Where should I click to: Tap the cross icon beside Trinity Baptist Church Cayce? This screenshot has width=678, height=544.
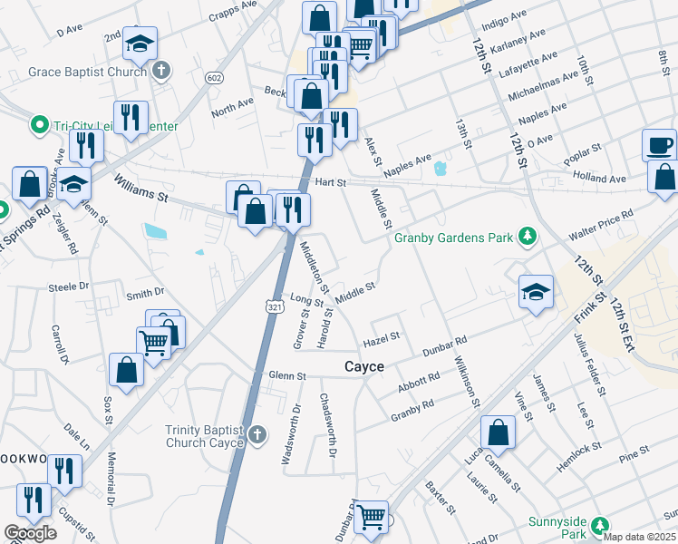(x=257, y=434)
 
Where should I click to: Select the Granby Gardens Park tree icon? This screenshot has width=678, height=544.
(x=525, y=238)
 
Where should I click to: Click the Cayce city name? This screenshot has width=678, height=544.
(x=364, y=366)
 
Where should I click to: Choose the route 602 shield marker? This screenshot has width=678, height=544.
(x=214, y=78)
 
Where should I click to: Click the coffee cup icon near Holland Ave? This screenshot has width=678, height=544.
(x=659, y=145)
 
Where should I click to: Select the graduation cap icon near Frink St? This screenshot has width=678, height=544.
(x=536, y=292)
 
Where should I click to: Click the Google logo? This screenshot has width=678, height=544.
(x=30, y=533)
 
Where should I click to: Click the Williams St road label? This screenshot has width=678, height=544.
(x=141, y=189)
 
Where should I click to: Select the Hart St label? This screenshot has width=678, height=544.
(x=330, y=182)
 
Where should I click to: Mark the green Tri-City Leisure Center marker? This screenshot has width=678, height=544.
(x=39, y=124)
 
